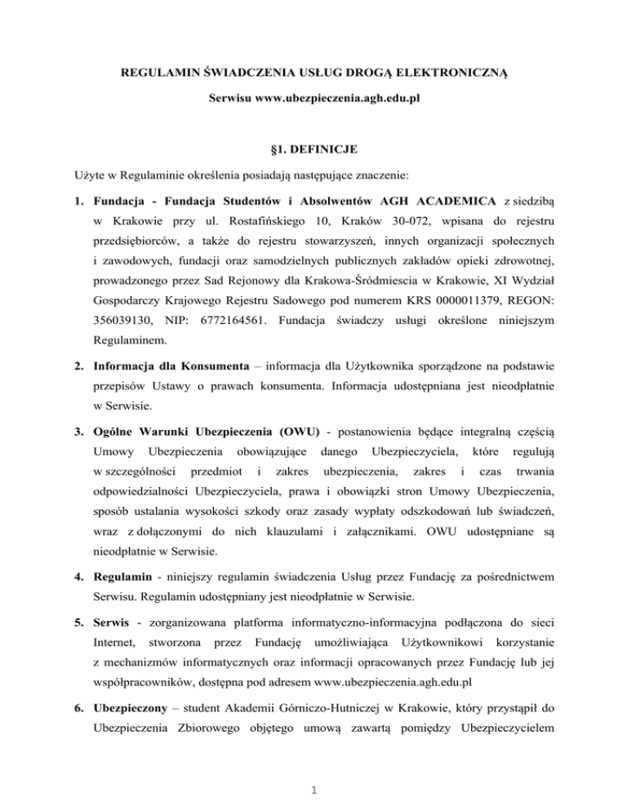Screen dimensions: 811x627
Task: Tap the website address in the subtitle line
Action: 334,97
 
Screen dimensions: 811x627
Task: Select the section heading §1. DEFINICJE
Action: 313,149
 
